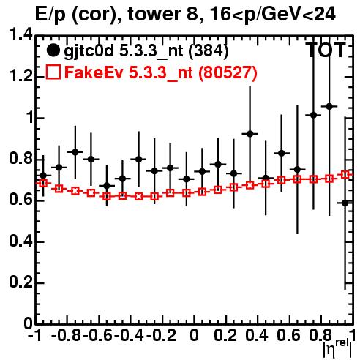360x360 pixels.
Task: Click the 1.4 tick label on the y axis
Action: click(20, 34)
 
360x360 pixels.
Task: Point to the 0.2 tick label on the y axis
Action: click(20, 282)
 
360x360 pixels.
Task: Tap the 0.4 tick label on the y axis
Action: click(20, 241)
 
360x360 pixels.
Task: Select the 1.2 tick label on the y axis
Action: click(20, 76)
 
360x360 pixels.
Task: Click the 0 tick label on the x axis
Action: click(194, 335)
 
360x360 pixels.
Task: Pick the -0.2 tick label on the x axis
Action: click(161, 335)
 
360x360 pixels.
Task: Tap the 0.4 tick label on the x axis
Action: click(257, 335)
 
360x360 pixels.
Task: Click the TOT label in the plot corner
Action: click(326, 50)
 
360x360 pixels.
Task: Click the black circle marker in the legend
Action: click(53, 50)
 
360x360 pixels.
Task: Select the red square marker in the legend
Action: click(53, 72)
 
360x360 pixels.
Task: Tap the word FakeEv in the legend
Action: click(94, 72)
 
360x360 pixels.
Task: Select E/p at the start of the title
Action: click(50, 15)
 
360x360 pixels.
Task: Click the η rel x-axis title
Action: click(337, 348)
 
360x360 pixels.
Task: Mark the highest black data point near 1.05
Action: click(329, 106)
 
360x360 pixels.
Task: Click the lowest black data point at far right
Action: click(345, 203)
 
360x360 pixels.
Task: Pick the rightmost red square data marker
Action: click(345, 175)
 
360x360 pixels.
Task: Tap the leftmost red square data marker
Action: click(43, 183)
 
